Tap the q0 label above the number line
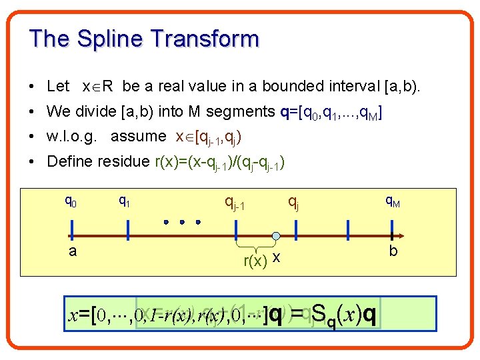71,199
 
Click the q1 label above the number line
124,199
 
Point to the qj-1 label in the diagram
235,201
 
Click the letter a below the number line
71,251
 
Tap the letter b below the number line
393,251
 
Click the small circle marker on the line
275,235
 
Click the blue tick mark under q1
128,229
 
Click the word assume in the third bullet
139,136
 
